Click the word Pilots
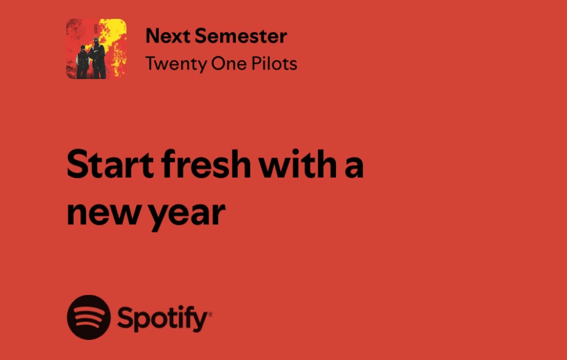(x=273, y=63)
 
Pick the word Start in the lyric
(x=106, y=165)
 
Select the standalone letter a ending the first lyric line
(x=354, y=168)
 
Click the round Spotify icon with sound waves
(x=89, y=317)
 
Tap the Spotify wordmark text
(x=162, y=318)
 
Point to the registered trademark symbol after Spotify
(x=210, y=314)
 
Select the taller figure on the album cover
(x=96, y=58)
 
